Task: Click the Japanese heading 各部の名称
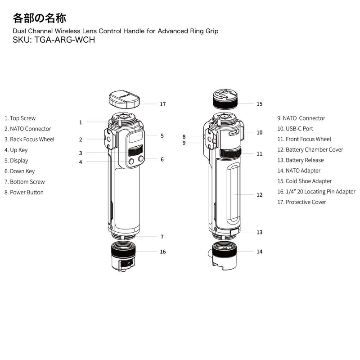click(40, 18)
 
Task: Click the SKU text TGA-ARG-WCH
click(54, 39)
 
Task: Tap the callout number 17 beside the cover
click(162, 104)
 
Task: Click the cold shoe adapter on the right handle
click(225, 100)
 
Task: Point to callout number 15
click(259, 104)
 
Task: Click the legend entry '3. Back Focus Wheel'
click(29, 139)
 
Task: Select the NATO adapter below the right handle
click(223, 255)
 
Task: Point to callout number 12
click(259, 195)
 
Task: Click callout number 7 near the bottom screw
click(162, 237)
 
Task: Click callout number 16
click(162, 252)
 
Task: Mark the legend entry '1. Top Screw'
click(20, 118)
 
